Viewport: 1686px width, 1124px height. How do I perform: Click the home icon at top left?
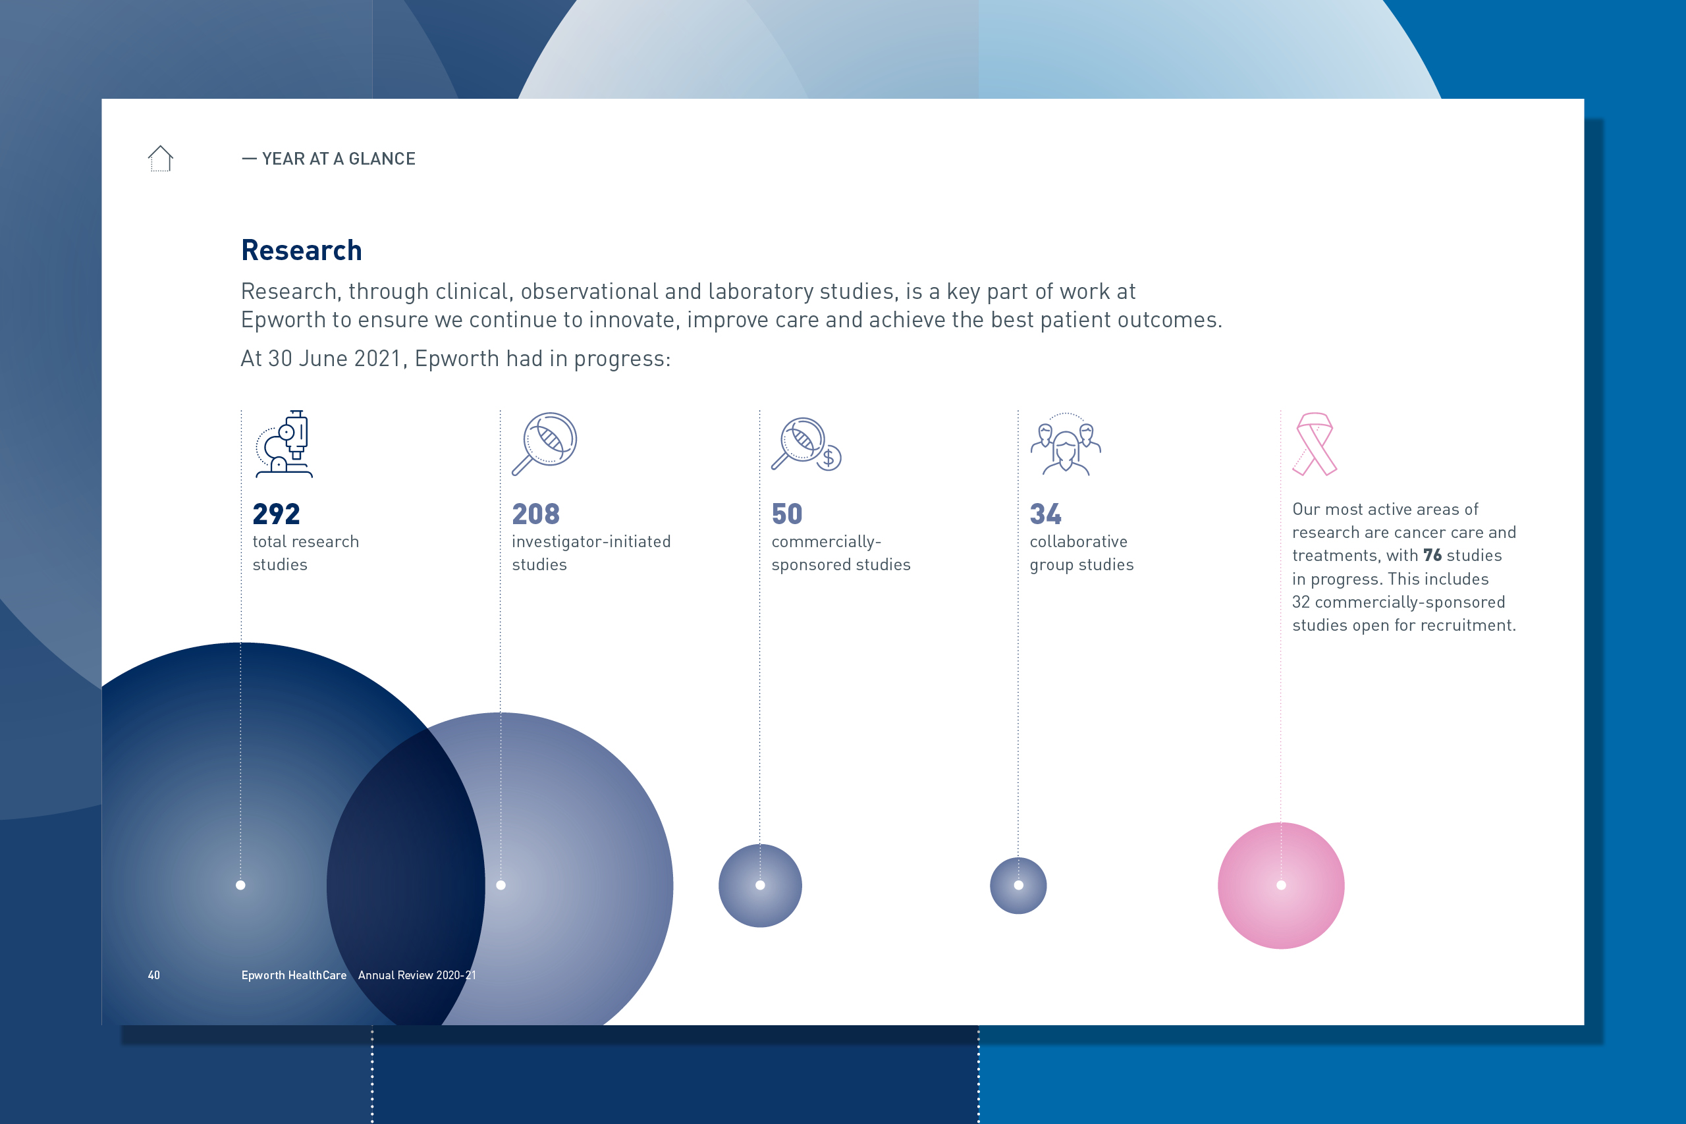coord(161,159)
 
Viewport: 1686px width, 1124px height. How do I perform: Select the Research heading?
coord(301,250)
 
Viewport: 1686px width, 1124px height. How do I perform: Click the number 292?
coord(276,514)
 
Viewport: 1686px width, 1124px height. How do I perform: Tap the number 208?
coord(535,514)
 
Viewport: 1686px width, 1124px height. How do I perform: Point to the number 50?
coord(786,514)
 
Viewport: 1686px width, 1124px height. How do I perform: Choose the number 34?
coord(1045,514)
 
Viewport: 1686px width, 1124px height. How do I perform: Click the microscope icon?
coord(285,444)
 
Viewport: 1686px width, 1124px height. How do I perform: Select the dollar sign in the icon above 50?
coord(829,458)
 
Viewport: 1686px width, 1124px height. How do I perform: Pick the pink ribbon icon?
coord(1315,444)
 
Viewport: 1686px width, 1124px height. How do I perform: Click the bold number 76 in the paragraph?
coord(1432,556)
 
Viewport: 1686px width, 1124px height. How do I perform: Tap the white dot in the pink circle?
coord(1281,885)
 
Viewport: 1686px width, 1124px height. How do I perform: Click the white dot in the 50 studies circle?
coord(760,885)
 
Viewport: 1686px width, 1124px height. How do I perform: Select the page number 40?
coord(154,975)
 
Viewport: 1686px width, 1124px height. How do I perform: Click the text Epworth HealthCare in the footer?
coord(294,975)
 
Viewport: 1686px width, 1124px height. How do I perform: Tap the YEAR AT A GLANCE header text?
coord(339,159)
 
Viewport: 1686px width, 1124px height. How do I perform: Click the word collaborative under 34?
coord(1078,542)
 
